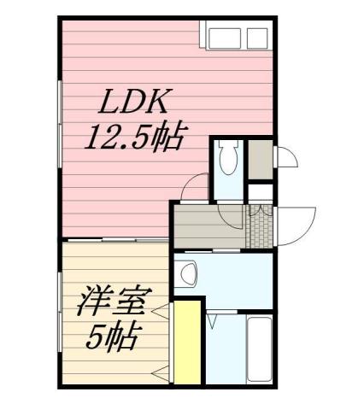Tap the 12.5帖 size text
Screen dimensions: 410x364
coord(134,137)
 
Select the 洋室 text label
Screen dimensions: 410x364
coord(115,303)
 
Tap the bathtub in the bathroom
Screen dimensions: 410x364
coord(259,350)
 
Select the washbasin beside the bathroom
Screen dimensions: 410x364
coord(187,273)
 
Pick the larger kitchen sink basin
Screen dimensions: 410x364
coord(226,38)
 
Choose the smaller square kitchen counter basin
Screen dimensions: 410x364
coord(257,38)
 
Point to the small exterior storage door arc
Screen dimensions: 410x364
coord(287,158)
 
